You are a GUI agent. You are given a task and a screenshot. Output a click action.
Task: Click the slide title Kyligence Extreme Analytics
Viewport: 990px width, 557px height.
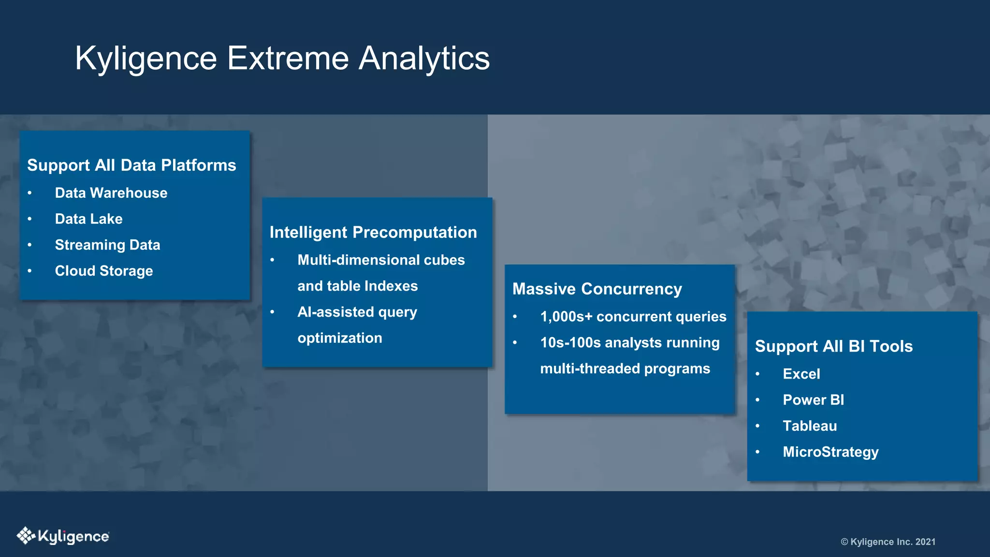point(282,59)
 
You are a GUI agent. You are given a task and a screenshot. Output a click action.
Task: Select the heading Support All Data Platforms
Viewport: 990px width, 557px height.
point(131,165)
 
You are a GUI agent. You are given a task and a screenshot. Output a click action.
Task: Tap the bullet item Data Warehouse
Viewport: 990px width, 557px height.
point(111,193)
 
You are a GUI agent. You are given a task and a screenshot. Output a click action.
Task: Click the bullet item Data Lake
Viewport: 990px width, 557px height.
point(89,219)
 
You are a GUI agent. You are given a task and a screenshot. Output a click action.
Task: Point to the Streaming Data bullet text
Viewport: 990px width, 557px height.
point(107,245)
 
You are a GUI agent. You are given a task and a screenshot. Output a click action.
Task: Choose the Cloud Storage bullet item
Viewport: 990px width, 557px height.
point(104,271)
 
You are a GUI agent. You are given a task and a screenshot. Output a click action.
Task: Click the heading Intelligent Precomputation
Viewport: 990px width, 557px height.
point(373,233)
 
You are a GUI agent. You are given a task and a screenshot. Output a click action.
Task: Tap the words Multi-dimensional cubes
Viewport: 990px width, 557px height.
point(381,260)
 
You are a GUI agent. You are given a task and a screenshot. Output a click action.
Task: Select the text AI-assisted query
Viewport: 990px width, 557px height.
point(357,312)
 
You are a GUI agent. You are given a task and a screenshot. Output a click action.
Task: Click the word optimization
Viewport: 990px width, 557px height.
point(340,338)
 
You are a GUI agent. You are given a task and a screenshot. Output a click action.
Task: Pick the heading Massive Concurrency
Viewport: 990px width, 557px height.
point(597,289)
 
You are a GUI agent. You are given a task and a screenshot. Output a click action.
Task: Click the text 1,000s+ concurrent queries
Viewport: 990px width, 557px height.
point(633,317)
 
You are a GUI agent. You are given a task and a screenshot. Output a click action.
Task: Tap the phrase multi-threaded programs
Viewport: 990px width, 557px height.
point(625,369)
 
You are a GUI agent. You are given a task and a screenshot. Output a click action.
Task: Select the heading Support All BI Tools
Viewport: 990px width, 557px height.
point(834,347)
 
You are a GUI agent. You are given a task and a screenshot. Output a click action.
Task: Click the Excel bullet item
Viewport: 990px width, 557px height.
point(801,374)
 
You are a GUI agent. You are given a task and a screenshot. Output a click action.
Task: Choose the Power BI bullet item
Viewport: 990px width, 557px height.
point(814,400)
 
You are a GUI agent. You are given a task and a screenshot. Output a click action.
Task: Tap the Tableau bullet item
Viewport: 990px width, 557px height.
point(810,426)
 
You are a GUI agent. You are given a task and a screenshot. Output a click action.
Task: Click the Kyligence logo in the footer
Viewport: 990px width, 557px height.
point(63,536)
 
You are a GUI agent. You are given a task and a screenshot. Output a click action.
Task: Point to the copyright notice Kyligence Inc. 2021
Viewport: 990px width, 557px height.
point(888,542)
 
